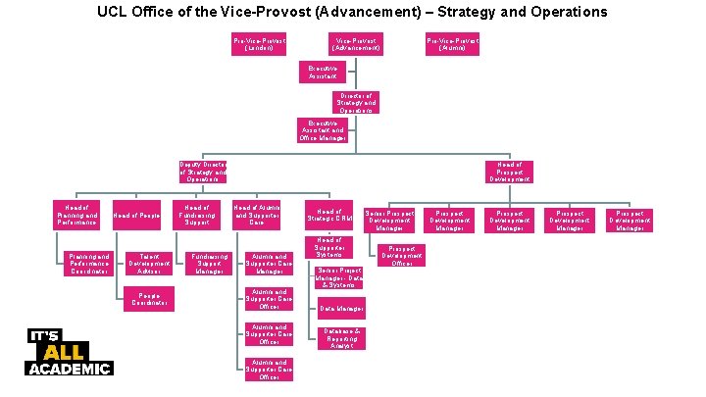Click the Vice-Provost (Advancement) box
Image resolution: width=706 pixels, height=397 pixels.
[355, 44]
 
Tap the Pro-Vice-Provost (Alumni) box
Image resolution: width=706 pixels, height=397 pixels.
[452, 44]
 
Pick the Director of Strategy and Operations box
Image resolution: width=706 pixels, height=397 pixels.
[355, 102]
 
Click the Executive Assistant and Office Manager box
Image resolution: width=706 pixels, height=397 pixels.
[323, 130]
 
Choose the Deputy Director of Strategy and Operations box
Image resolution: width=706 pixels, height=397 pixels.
[203, 173]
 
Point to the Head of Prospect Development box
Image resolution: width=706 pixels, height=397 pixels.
[509, 173]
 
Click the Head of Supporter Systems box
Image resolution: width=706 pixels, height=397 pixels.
[329, 248]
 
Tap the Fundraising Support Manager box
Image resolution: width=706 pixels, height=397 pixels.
[210, 264]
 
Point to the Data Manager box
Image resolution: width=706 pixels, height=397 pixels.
[342, 308]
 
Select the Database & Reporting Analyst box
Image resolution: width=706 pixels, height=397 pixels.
[342, 338]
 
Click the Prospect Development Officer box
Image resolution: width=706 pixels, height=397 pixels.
[407, 256]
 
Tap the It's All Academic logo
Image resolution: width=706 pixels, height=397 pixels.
[69, 352]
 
